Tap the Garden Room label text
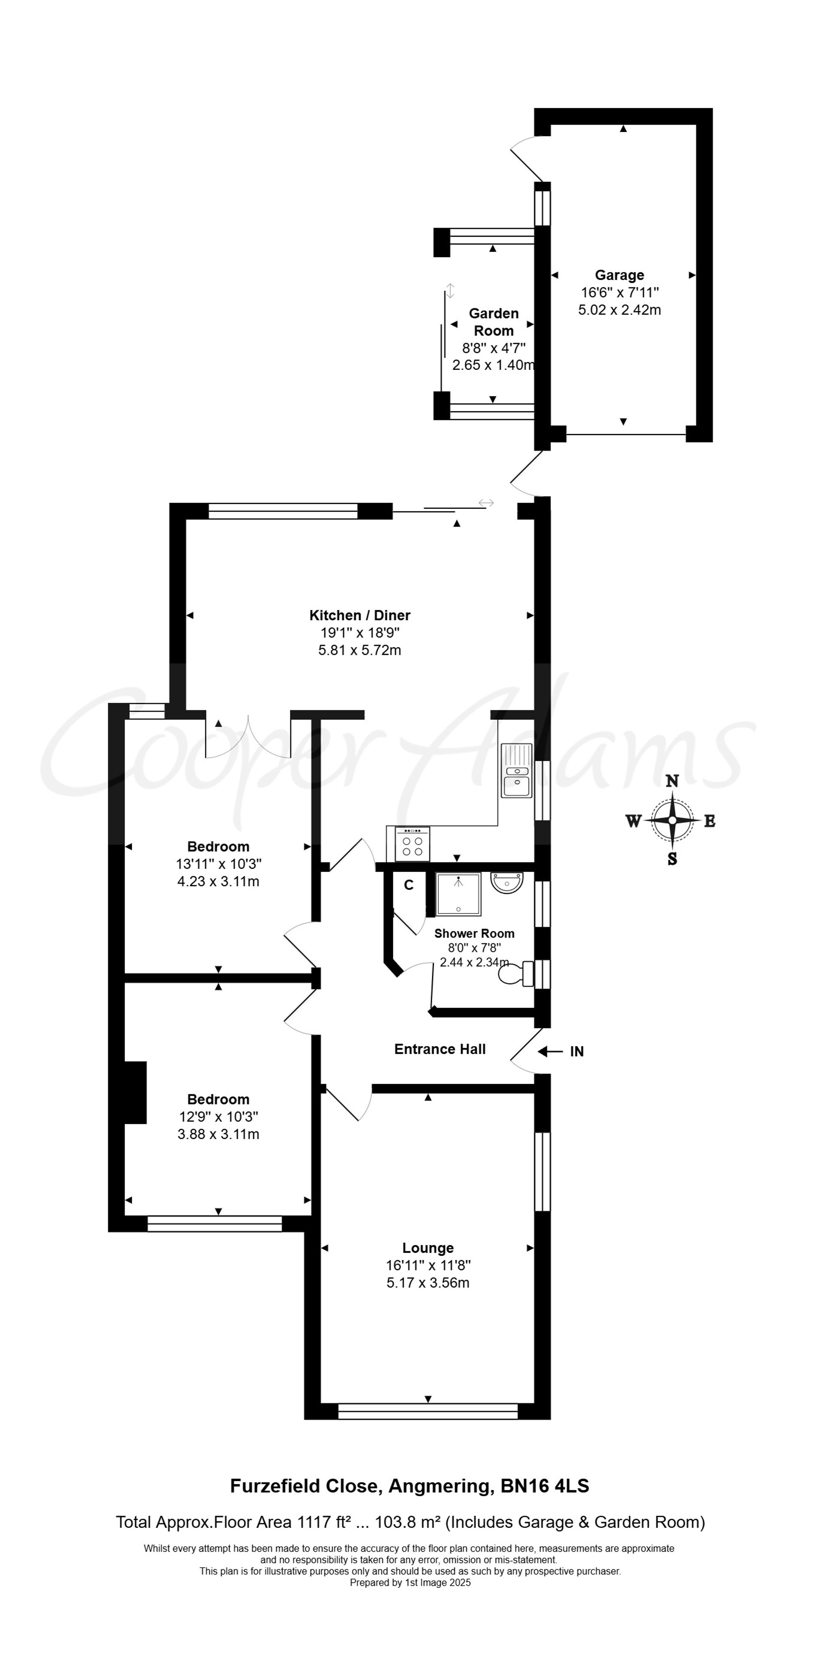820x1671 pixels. [494, 322]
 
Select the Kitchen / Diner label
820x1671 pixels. [360, 615]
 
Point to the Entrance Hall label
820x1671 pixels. [440, 1049]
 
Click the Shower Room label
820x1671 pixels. [474, 933]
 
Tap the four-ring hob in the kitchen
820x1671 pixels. [412, 843]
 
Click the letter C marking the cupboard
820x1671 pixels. [409, 885]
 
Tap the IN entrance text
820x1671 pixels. [577, 1051]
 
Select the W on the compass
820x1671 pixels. [633, 821]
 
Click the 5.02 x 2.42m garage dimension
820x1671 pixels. [620, 310]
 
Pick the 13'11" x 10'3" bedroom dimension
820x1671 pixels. [219, 864]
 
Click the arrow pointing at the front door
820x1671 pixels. [550, 1051]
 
